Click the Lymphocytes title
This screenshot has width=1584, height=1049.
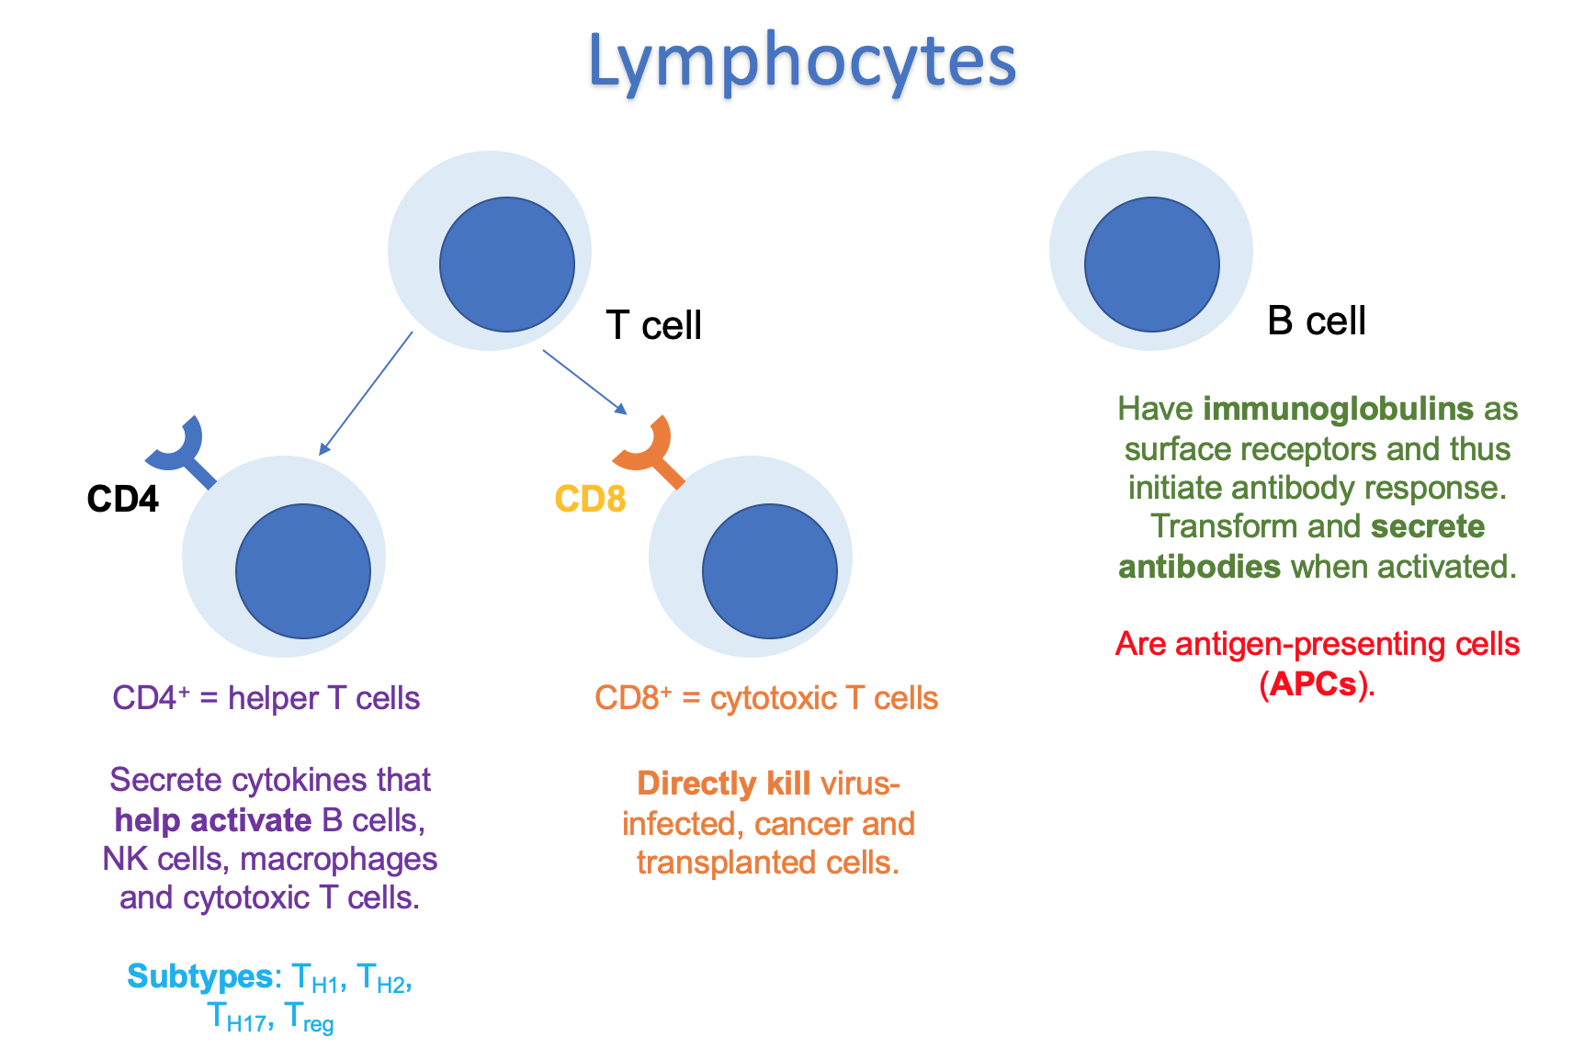(x=801, y=61)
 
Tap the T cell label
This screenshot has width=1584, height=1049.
(x=653, y=325)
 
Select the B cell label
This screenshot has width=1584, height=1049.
(x=1316, y=321)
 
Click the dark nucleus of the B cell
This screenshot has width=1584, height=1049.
(x=1151, y=265)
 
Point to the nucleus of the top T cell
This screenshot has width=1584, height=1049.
(x=506, y=265)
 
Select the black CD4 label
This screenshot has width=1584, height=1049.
(x=122, y=499)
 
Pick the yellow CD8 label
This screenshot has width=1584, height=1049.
(x=590, y=499)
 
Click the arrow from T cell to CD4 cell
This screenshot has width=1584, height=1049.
(x=366, y=393)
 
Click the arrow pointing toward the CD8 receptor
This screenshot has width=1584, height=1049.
(x=584, y=381)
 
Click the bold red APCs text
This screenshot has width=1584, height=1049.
(x=1313, y=684)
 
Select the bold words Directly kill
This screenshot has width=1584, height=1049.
(x=723, y=784)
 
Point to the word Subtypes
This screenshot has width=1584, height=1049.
(x=199, y=976)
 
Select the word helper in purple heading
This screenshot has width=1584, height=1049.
(x=272, y=698)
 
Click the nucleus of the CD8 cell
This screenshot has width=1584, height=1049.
(x=769, y=571)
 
